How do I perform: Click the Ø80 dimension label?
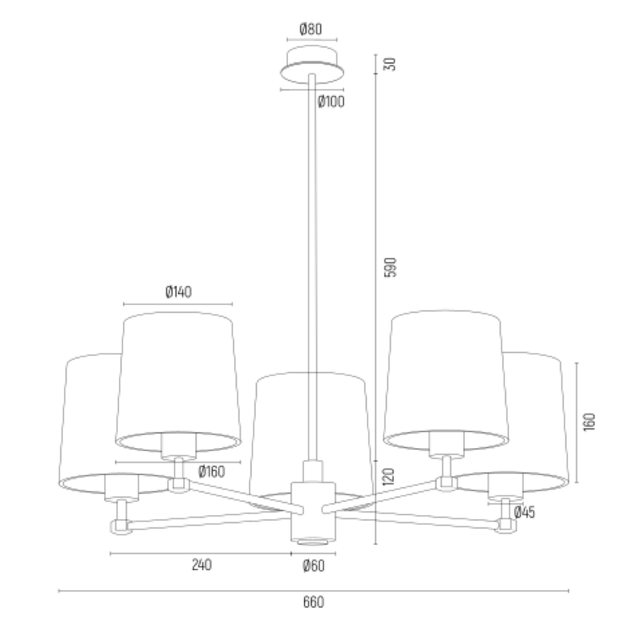(311, 29)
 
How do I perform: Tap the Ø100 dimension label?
(331, 102)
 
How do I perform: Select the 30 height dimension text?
(390, 64)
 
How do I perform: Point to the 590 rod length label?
(390, 267)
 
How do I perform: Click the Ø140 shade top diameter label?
(178, 292)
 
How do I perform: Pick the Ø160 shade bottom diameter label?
(211, 472)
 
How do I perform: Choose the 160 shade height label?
(589, 422)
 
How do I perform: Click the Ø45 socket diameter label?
(525, 512)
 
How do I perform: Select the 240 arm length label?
(202, 565)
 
